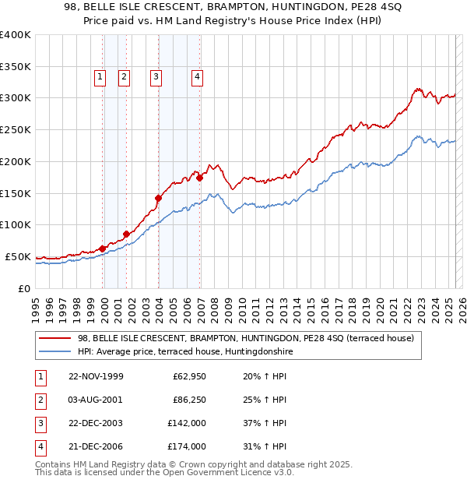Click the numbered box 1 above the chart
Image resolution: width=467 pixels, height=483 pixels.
tap(101, 76)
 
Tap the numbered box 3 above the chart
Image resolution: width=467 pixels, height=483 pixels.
tap(156, 76)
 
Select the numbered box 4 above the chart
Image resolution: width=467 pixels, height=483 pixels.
tap(198, 76)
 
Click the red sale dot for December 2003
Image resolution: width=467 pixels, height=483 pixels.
tap(158, 198)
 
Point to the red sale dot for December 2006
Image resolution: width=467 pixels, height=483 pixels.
tap(200, 178)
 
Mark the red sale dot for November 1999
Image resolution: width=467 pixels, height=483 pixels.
tap(102, 249)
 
